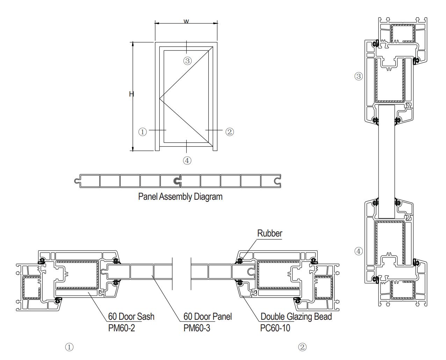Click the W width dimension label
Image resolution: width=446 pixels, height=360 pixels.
pyautogui.click(x=186, y=21)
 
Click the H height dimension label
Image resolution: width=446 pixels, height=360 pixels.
pyautogui.click(x=131, y=94)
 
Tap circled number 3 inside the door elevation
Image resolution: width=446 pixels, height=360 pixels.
pyautogui.click(x=187, y=61)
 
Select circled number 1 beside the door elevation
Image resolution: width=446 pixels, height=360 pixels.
pyautogui.click(x=143, y=132)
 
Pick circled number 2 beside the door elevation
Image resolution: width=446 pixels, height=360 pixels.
pyautogui.click(x=229, y=132)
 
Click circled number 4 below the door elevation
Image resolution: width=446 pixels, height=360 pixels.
pyautogui.click(x=187, y=161)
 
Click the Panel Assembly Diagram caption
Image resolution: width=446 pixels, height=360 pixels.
pyautogui.click(x=180, y=197)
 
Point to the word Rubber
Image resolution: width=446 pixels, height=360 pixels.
pyautogui.click(x=269, y=233)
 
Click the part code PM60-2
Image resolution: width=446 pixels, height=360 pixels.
pyautogui.click(x=121, y=328)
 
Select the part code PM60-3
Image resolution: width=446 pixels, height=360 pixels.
pyautogui.click(x=197, y=328)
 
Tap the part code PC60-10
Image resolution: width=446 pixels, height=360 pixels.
pyautogui.click(x=275, y=328)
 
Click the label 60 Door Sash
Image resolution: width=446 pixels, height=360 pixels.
pyautogui.click(x=131, y=317)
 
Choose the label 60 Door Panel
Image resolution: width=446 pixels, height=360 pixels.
pyautogui.click(x=208, y=317)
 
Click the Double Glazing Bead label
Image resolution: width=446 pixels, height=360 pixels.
pyautogui.click(x=296, y=317)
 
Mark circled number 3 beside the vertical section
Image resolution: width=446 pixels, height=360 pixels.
pyautogui.click(x=359, y=76)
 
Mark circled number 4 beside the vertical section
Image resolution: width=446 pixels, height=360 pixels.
pyautogui.click(x=359, y=251)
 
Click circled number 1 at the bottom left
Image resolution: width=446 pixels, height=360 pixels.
pyautogui.click(x=70, y=347)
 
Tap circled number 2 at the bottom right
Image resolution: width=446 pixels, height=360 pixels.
pyautogui.click(x=302, y=347)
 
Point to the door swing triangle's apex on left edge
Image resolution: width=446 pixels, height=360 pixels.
pyautogui.click(x=160, y=99)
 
